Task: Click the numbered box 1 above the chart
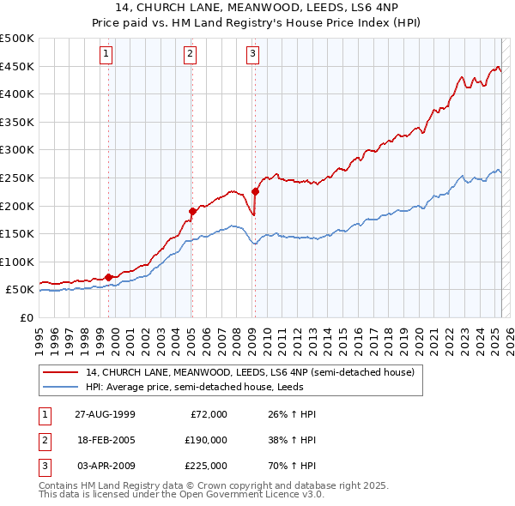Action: click(106, 54)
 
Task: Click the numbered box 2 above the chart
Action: click(189, 54)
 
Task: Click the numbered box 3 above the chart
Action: click(253, 54)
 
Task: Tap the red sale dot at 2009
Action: click(255, 191)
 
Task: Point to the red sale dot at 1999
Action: click(109, 277)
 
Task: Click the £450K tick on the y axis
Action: click(17, 66)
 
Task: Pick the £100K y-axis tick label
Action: click(17, 262)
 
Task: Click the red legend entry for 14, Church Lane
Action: click(250, 372)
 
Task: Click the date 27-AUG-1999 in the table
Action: click(105, 414)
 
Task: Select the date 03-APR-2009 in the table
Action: click(105, 466)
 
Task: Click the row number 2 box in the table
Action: click(44, 440)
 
